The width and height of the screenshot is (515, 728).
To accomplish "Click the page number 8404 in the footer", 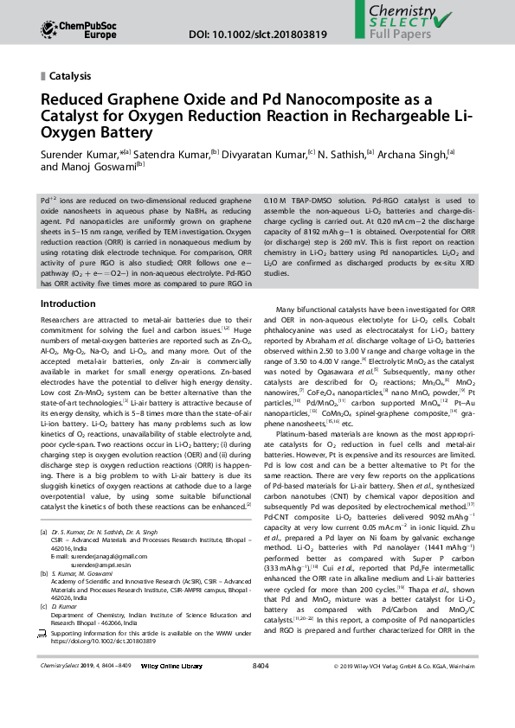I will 261,691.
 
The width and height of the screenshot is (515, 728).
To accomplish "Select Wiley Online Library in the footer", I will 171,691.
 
